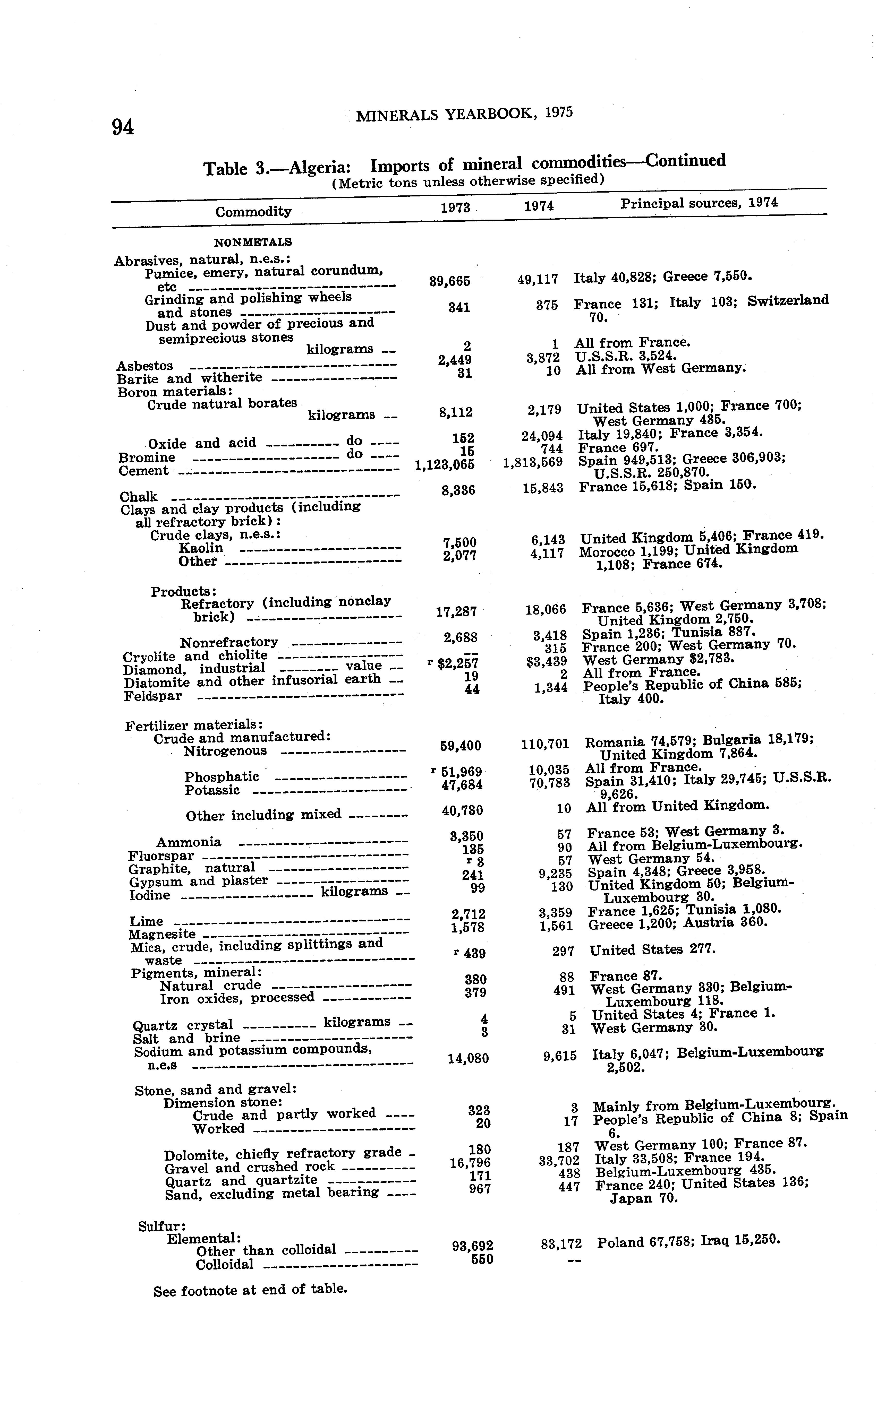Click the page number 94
pos(123,126)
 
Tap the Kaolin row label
pos(201,548)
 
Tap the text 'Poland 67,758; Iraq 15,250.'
pos(688,1241)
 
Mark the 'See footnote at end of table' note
pos(250,1290)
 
